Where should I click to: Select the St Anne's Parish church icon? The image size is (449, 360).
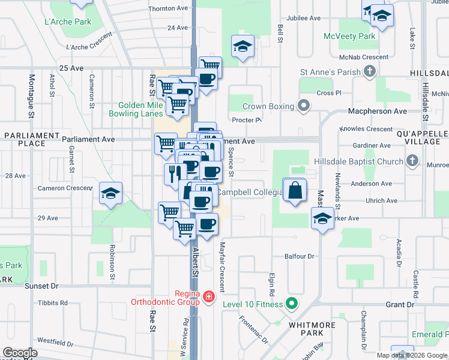click(369, 72)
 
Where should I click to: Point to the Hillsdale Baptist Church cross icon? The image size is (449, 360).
click(412, 161)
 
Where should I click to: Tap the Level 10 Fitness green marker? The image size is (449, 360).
click(292, 304)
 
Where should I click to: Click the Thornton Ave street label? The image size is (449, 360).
click(168, 8)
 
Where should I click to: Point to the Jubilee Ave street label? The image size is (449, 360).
click(303, 19)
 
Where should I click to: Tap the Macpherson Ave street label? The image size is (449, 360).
click(378, 111)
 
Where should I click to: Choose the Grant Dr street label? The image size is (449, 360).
click(400, 305)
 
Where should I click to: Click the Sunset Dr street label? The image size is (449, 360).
click(42, 286)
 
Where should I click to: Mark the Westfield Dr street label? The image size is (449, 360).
click(55, 344)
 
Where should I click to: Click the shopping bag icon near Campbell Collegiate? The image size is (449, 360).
click(294, 191)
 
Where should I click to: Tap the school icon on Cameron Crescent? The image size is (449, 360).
click(110, 194)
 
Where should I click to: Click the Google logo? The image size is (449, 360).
click(20, 353)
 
